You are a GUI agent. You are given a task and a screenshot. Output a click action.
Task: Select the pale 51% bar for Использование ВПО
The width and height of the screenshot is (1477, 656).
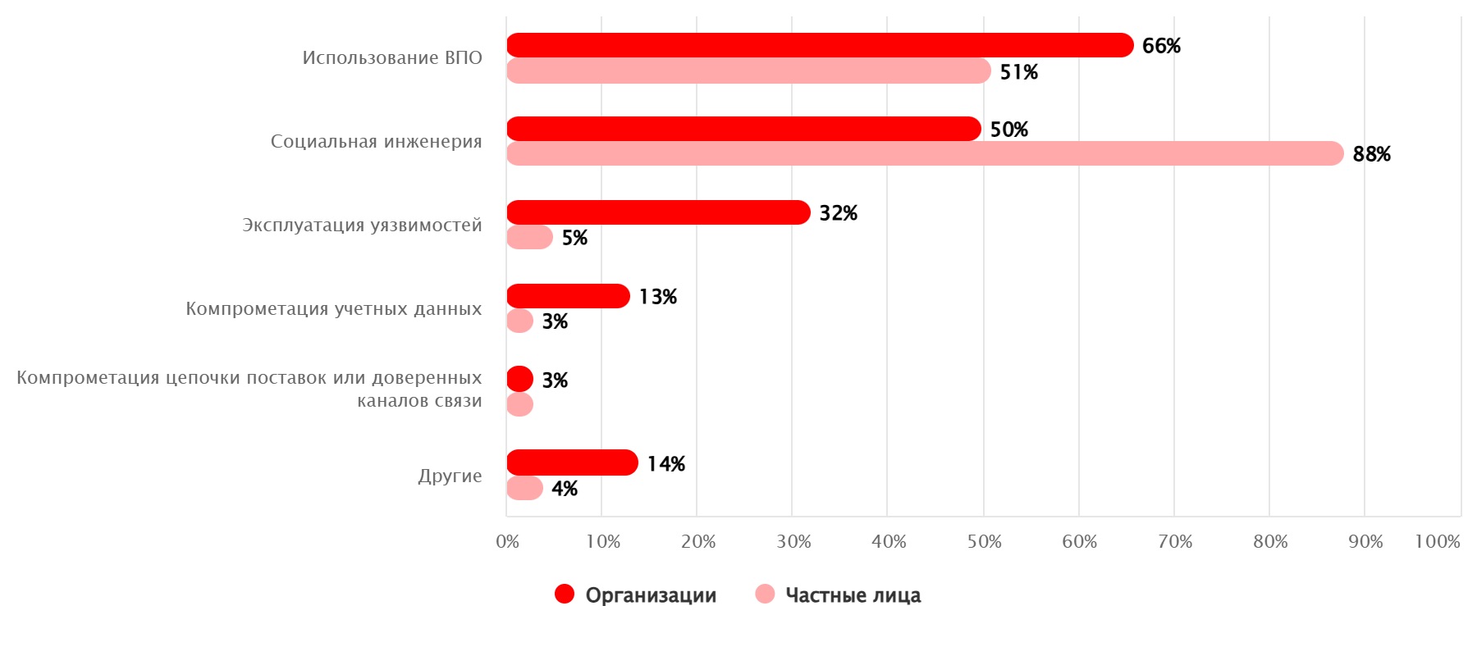coord(748,71)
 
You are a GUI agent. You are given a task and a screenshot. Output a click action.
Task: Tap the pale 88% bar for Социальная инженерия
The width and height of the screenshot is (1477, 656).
coord(925,153)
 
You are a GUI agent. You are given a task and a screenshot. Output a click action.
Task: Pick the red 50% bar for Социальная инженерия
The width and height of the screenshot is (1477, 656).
coord(743,129)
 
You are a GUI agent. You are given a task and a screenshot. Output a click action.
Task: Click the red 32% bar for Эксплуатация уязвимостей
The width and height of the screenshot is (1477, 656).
coord(658,212)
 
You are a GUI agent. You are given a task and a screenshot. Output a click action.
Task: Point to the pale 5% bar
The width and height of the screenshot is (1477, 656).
coord(529,237)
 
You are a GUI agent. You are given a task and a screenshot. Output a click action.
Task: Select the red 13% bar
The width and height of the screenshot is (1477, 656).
coord(568,296)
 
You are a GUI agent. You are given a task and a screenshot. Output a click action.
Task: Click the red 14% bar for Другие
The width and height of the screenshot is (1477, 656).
coord(572,462)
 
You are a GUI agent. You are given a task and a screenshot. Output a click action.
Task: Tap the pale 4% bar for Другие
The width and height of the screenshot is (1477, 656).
coord(524,488)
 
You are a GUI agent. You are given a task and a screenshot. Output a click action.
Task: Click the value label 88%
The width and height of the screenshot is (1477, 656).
coord(1371,154)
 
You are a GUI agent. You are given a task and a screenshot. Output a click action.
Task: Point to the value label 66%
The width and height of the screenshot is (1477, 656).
coord(1161,46)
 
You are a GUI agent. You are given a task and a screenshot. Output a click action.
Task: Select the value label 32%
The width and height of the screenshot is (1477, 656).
coord(838,213)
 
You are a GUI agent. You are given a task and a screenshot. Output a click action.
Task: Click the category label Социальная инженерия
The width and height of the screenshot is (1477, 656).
coord(376,141)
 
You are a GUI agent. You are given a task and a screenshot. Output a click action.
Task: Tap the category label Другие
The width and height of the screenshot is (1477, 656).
coord(450,476)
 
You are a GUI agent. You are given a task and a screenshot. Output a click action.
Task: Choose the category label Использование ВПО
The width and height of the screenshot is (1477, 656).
coord(392,57)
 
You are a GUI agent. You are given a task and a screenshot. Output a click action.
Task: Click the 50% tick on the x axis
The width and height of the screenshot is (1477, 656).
coord(984,541)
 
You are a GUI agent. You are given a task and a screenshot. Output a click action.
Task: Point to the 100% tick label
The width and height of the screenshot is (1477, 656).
coord(1437,541)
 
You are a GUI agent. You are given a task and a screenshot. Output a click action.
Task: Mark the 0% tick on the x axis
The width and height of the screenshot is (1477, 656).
coord(507,541)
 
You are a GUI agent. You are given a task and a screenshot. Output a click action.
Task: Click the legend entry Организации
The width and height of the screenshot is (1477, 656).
coord(636,594)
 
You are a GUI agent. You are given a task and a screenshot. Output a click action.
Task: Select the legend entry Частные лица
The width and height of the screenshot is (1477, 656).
coord(839,594)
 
